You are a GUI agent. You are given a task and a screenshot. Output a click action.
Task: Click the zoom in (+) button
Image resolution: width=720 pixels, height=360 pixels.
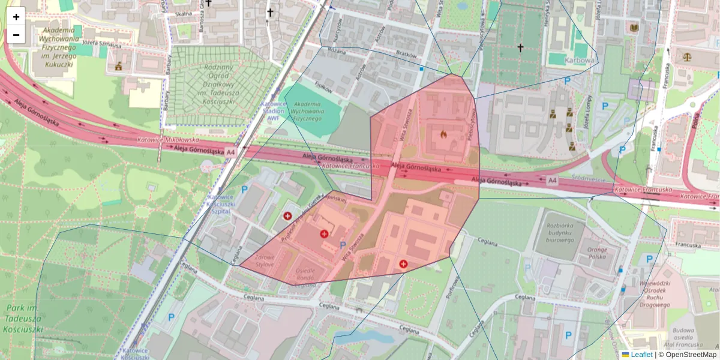(16, 17)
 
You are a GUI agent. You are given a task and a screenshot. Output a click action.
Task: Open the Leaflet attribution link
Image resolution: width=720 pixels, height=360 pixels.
(641, 355)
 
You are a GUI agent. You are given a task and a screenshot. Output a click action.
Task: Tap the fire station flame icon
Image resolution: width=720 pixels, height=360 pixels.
(443, 134)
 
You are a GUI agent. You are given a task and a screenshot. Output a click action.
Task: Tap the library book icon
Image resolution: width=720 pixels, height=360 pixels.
(634, 28)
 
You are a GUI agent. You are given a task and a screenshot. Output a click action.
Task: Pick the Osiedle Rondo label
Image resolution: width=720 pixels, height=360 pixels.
(305, 277)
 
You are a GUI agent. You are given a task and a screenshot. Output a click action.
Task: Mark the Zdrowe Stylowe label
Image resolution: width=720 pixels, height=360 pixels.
(265, 260)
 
